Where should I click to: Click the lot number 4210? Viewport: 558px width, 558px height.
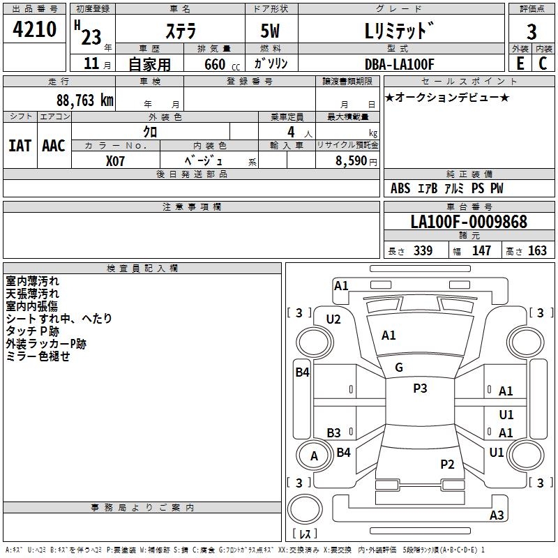click(35, 31)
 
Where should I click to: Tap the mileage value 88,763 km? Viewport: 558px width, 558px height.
click(84, 100)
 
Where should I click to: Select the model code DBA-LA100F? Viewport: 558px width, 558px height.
click(400, 64)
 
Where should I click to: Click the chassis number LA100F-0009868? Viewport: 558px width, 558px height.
click(469, 223)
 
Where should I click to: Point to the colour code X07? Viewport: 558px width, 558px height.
click(116, 160)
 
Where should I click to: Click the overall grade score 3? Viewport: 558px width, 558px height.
click(531, 31)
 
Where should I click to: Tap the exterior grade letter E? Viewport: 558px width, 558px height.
click(520, 63)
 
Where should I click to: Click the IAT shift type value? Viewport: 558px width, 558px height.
click(20, 146)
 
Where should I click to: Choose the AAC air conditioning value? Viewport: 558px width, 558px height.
click(54, 146)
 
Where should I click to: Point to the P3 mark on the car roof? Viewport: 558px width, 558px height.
click(420, 389)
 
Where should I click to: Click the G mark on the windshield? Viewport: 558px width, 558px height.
click(399, 368)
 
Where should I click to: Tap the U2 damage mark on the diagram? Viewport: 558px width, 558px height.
click(333, 319)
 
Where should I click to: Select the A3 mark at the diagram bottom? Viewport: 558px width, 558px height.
click(497, 515)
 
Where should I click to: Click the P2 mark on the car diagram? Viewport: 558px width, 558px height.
click(447, 464)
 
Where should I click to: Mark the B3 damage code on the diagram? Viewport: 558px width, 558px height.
click(334, 432)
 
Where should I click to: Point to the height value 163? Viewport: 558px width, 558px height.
click(537, 251)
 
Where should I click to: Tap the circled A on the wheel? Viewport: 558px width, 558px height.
click(314, 456)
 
